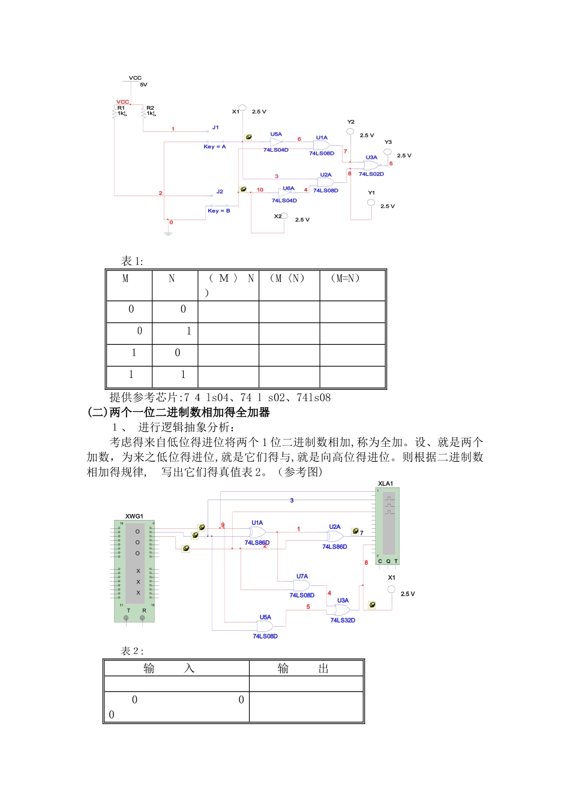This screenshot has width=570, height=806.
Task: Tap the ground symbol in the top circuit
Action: [168, 232]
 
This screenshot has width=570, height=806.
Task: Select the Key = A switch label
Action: [214, 146]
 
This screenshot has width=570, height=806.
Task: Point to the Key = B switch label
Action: [218, 210]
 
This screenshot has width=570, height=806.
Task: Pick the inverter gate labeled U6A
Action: [283, 193]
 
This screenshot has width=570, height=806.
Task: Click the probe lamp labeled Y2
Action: [350, 131]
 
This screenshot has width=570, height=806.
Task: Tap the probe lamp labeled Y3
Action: [388, 152]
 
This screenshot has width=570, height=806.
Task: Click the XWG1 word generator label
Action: [134, 516]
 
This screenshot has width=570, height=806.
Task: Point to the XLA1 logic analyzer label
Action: [385, 483]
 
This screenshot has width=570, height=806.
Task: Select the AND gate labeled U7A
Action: [301, 585]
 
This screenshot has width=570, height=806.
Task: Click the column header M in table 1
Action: [125, 278]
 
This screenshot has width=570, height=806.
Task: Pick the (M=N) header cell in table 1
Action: [345, 278]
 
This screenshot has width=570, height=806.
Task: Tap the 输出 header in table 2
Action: [303, 669]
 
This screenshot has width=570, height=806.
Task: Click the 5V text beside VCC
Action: [143, 85]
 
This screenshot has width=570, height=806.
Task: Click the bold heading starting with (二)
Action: [178, 412]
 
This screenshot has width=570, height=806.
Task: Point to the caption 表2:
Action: [132, 651]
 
